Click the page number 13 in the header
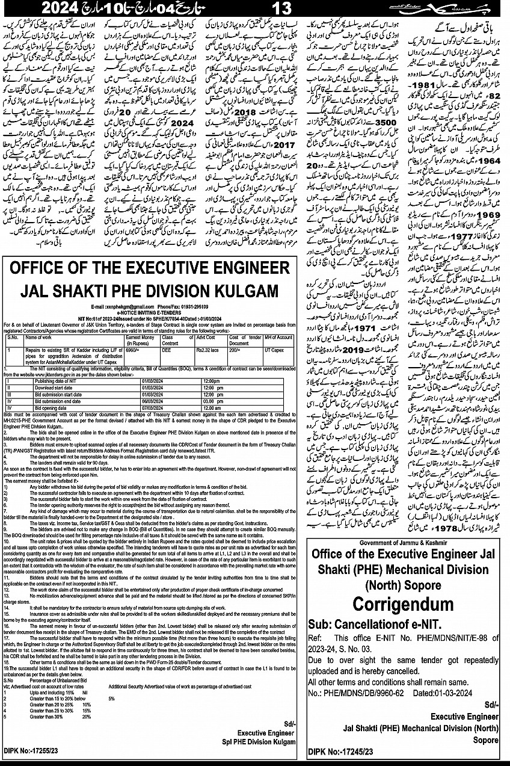[281, 8]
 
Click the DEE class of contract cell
[167, 332]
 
